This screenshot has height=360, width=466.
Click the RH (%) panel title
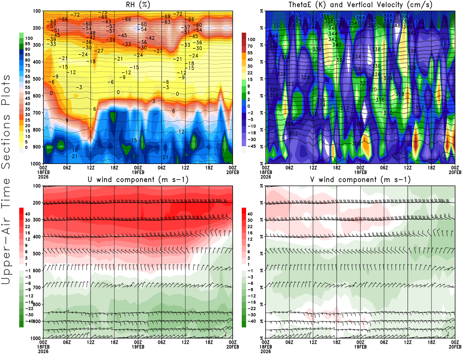coord(138,5)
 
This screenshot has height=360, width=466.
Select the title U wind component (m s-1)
coord(138,179)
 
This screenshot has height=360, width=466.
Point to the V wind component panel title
coord(360,179)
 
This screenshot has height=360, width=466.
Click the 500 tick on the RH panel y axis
coord(37,79)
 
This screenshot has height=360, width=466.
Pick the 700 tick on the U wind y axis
coord(37,287)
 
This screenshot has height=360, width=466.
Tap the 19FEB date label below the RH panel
coord(138,172)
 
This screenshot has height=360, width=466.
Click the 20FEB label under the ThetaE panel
coord(455,172)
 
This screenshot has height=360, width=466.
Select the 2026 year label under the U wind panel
coord(43,351)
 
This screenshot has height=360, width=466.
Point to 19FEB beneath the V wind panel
coord(360,347)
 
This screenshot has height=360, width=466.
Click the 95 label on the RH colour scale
coord(28,44)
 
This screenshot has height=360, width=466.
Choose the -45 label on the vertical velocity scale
coord(251,146)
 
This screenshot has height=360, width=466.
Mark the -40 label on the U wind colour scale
coord(29,321)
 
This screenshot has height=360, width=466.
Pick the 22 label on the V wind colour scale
coord(250,227)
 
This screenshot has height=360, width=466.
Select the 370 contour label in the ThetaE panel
coord(297,13)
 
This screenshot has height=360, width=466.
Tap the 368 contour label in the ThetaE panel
coord(388,16)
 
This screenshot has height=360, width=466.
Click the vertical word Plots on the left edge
coord(6,90)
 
